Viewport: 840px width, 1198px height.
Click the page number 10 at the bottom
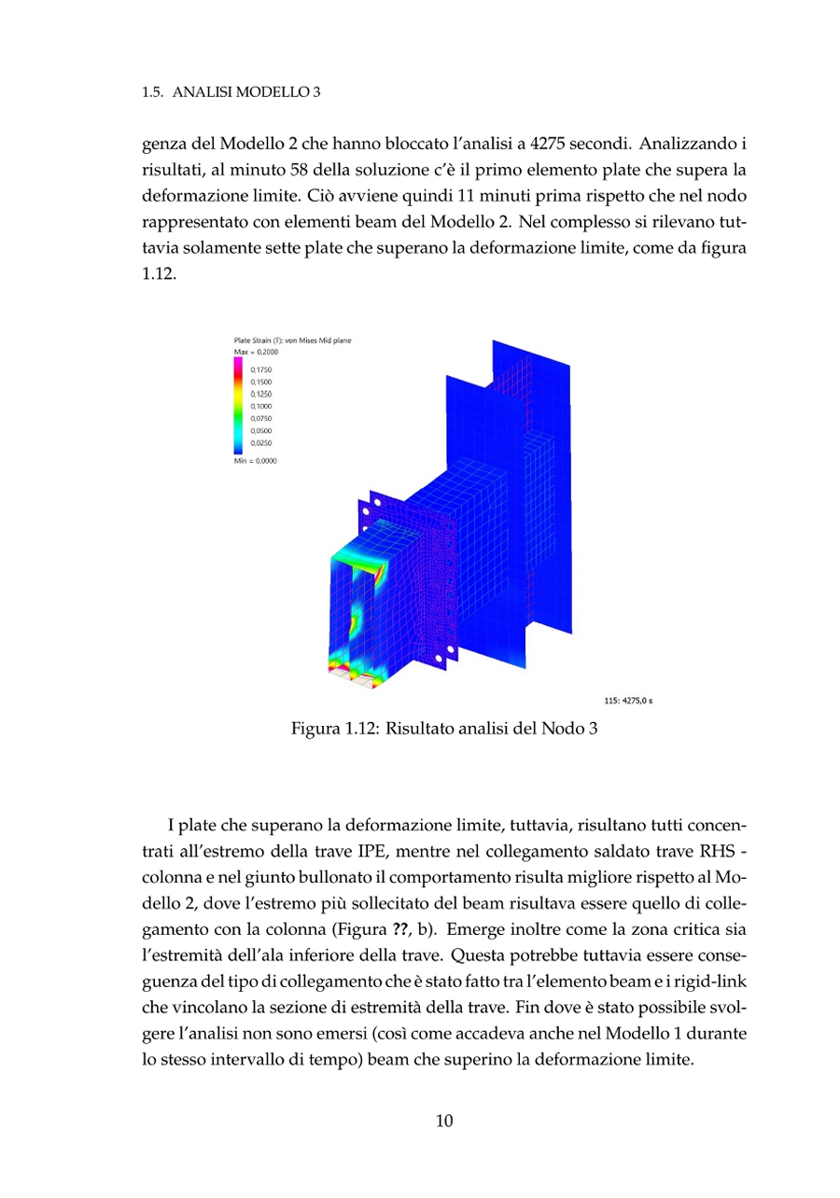[x=444, y=1121]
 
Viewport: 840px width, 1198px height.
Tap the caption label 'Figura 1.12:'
[x=332, y=729]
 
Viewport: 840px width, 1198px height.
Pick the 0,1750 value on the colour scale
[x=260, y=370]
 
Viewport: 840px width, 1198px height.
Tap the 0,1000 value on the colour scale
[x=260, y=407]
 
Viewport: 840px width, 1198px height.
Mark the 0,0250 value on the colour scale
[x=260, y=443]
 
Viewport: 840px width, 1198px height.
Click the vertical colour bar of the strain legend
[x=237, y=406]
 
